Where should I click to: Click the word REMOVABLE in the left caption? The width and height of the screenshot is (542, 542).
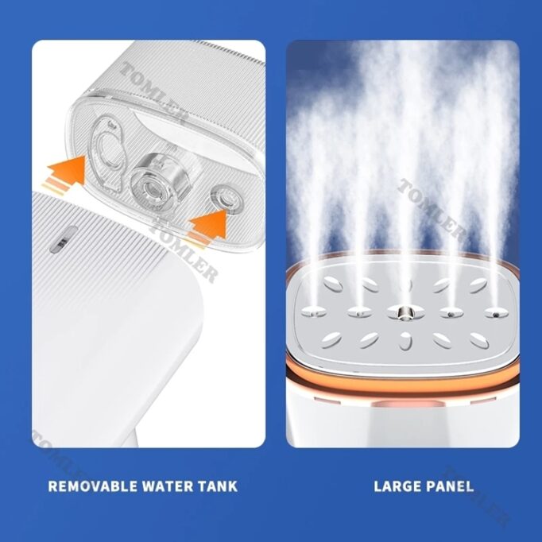coord(93,486)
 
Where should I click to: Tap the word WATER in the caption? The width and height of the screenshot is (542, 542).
coord(168,486)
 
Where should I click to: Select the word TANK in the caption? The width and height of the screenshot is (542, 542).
coord(218,486)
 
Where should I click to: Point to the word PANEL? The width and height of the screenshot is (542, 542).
coord(449,486)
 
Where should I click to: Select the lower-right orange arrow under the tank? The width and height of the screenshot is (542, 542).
coord(207,226)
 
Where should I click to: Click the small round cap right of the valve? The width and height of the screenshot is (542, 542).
coord(227,199)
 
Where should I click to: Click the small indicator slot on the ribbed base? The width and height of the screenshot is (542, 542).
coord(64,239)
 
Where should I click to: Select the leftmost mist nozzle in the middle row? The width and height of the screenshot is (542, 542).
coord(314,312)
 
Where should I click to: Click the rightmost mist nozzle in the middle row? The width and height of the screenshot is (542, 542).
coord(496,313)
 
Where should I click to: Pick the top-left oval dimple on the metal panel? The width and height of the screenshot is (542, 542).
coord(333,285)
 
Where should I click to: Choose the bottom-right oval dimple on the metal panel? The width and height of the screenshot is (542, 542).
coord(479,340)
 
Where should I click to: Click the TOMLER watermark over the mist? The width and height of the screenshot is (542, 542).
coord(431,210)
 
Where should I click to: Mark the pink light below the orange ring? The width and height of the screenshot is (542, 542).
coord(408,404)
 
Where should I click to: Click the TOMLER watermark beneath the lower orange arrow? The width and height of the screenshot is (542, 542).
coord(186,253)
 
